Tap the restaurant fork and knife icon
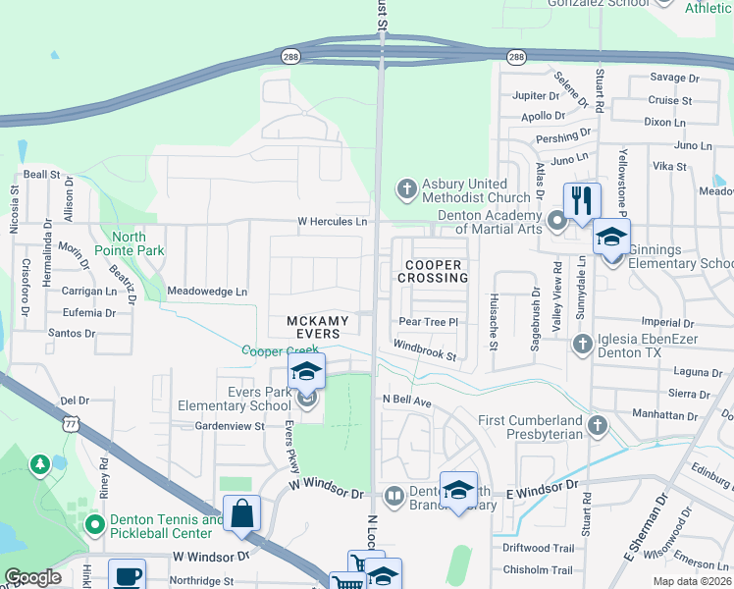[x=582, y=199]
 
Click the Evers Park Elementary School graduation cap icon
[x=306, y=371]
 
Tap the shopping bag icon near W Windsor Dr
[x=241, y=512]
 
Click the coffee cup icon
[x=127, y=575]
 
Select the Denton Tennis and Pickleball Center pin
[x=95, y=525]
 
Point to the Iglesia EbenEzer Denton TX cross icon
[x=582, y=343]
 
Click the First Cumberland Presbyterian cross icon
[x=598, y=425]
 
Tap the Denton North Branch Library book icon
[x=393, y=496]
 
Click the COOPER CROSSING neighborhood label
[x=432, y=271]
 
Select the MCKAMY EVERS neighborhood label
[x=313, y=327]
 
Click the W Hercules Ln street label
[x=333, y=222]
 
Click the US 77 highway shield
[x=69, y=422]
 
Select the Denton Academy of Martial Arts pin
[x=557, y=222]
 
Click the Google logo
[x=32, y=577]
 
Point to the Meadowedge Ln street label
[x=207, y=292]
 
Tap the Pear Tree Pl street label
[x=429, y=321]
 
